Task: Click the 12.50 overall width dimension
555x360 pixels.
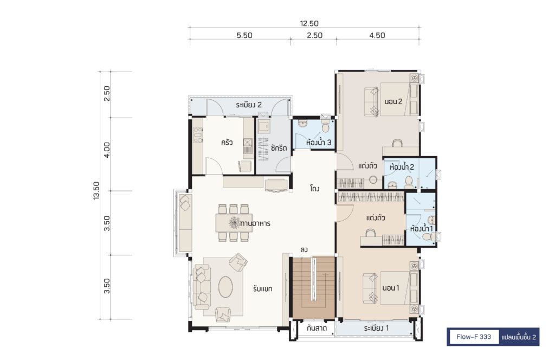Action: pos(309,23)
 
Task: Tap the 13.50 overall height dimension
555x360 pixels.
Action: pos(96,190)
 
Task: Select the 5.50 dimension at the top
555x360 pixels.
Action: pos(244,35)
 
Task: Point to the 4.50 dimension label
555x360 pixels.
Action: pos(377,35)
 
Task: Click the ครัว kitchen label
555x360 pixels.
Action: pos(227,143)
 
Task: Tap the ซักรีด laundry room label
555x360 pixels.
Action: pos(279,148)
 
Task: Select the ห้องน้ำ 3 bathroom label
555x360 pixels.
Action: pos(319,142)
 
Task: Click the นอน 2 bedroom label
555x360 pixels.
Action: pos(393,101)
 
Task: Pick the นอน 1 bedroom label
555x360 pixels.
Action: pos(390,288)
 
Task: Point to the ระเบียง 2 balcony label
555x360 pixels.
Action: pos(249,105)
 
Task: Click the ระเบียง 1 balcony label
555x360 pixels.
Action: pos(376,328)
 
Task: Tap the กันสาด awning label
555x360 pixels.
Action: pos(317,328)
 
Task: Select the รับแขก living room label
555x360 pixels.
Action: pos(263,289)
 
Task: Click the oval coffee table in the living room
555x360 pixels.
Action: pos(225,287)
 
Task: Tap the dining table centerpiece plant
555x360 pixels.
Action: pos(234,223)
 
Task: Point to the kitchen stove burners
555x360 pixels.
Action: pos(198,135)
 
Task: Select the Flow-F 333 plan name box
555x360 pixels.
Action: pos(474,337)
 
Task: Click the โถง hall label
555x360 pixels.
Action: pos(314,188)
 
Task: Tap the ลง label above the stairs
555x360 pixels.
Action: pos(304,249)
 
